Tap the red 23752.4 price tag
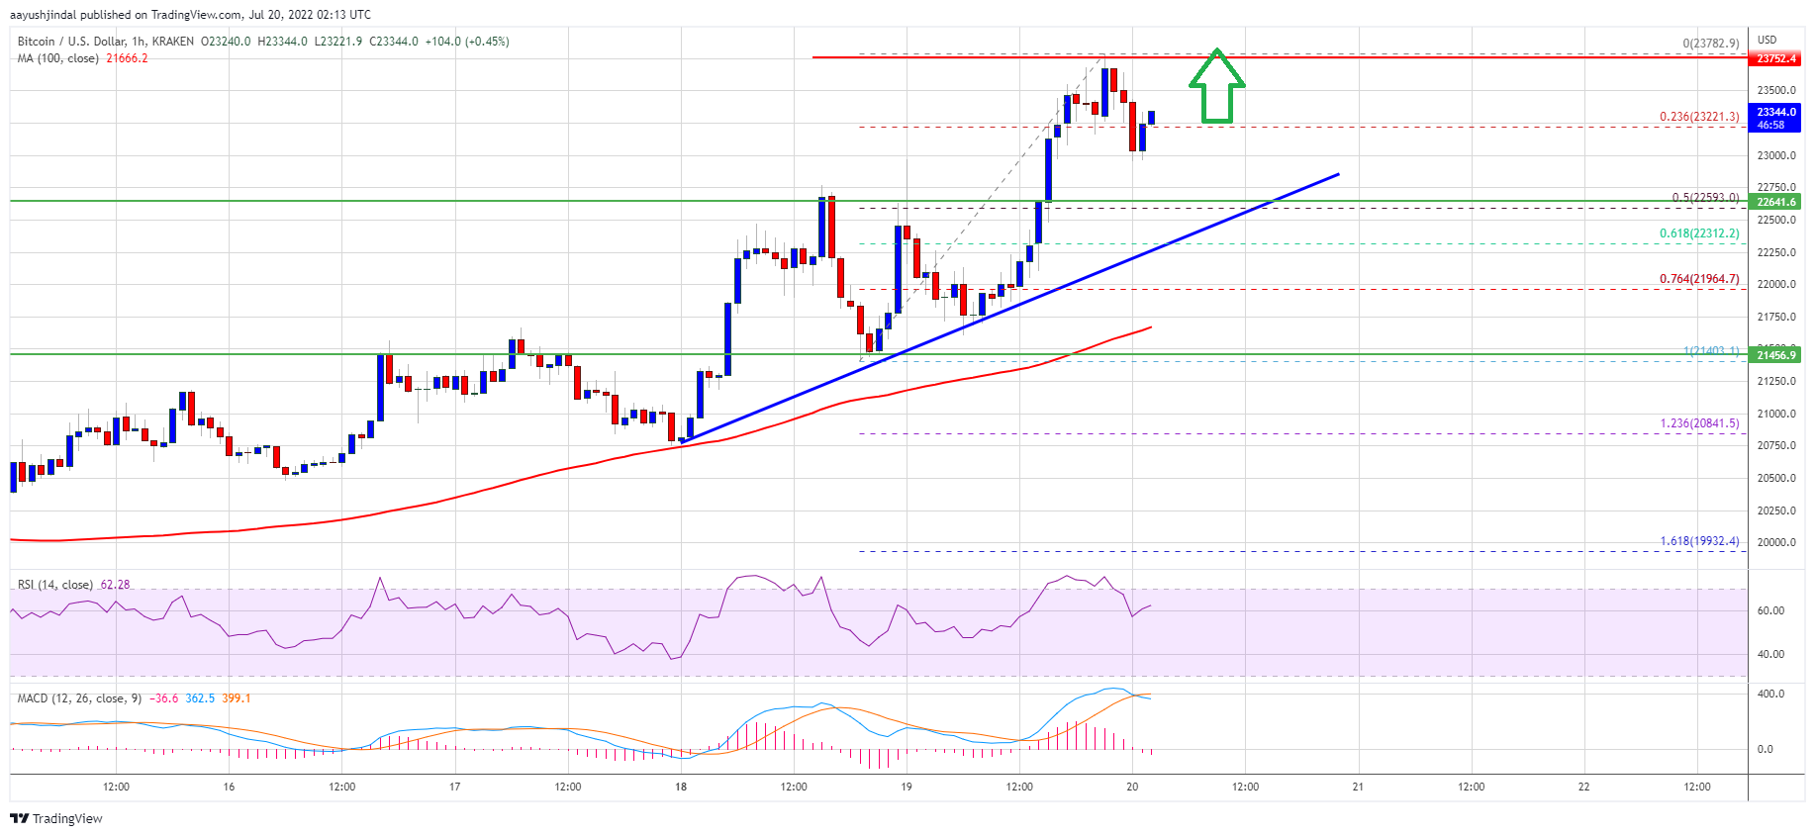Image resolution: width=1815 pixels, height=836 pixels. pyautogui.click(x=1775, y=58)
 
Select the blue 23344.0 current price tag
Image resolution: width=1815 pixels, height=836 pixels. pyautogui.click(x=1775, y=113)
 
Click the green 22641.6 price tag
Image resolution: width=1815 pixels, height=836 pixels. pyautogui.click(x=1775, y=202)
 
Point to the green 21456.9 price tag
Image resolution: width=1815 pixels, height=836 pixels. pyautogui.click(x=1775, y=355)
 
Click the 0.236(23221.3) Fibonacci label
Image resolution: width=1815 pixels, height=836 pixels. pyautogui.click(x=1698, y=117)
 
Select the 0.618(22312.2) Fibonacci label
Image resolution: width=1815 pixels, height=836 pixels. pyautogui.click(x=1698, y=233)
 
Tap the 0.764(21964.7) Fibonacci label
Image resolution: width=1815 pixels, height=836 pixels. pyautogui.click(x=1698, y=279)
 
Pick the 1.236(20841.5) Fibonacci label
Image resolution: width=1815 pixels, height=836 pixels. pyautogui.click(x=1698, y=423)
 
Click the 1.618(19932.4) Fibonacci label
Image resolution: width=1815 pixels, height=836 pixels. pyautogui.click(x=1698, y=541)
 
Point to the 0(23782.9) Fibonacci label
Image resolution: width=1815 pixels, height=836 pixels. pyautogui.click(x=1710, y=44)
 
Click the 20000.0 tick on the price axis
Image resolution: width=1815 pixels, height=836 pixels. pyautogui.click(x=1775, y=542)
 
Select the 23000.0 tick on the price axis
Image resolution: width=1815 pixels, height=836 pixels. pyautogui.click(x=1775, y=155)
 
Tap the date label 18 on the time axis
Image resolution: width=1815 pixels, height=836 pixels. pyautogui.click(x=681, y=788)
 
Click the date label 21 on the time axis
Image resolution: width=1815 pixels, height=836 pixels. pyautogui.click(x=1358, y=788)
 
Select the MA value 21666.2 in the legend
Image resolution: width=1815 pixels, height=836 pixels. pyautogui.click(x=127, y=58)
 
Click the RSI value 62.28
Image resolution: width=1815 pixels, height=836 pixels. pyautogui.click(x=115, y=585)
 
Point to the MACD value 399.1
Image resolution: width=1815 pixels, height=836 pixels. pyautogui.click(x=237, y=698)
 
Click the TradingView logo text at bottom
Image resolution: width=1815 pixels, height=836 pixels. pyautogui.click(x=66, y=819)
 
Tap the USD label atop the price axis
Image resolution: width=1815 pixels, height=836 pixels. pyautogui.click(x=1767, y=41)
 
